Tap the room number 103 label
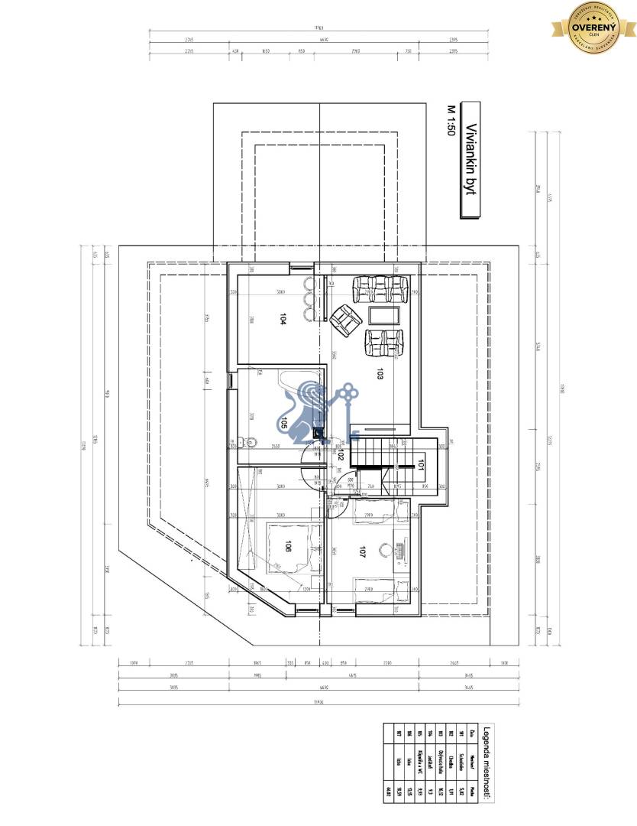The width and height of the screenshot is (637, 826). point(379,374)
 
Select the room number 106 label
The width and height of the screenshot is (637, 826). point(287,547)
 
